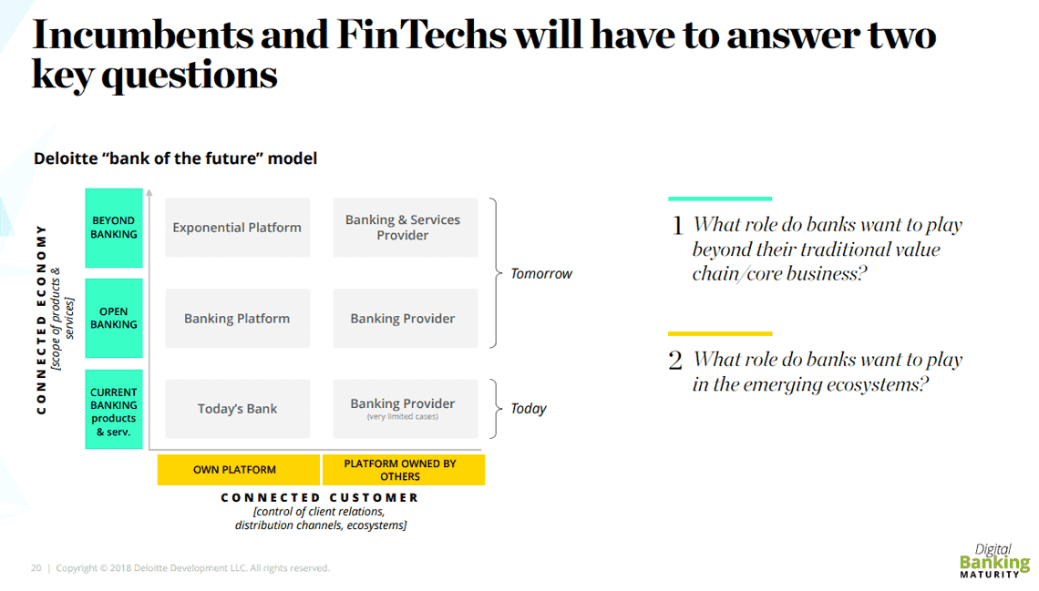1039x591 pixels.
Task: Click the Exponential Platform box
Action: point(238,228)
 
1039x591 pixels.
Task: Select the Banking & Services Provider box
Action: point(406,228)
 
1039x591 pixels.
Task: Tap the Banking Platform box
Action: point(238,319)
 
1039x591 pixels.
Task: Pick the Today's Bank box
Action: point(238,409)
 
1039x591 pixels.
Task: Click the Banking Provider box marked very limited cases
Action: point(406,409)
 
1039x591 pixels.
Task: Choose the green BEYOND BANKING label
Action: point(114,229)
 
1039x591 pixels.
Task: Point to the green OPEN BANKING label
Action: point(114,319)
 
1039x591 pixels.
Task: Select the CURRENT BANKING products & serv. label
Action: point(114,410)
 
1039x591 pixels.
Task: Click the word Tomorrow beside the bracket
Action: point(541,274)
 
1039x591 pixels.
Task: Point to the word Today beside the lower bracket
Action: point(528,409)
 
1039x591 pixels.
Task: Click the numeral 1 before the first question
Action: point(677,227)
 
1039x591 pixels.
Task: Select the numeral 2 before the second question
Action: point(675,362)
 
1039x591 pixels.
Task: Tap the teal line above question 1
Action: point(720,199)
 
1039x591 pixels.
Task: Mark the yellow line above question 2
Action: point(720,333)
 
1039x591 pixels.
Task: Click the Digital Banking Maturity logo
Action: point(994,561)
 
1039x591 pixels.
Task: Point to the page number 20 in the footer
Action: point(36,568)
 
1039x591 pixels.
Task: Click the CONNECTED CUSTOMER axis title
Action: point(320,498)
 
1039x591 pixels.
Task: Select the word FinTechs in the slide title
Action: point(421,35)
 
